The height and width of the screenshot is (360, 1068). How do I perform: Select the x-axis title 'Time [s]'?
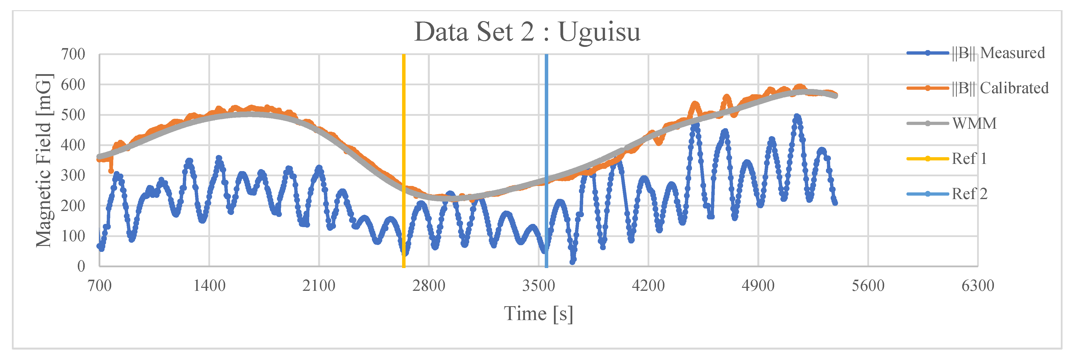coord(538,314)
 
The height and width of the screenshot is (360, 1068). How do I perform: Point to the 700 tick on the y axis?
coord(73,54)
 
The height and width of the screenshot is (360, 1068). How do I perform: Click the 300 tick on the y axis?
coord(73,176)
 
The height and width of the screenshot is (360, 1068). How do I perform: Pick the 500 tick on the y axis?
coord(73,115)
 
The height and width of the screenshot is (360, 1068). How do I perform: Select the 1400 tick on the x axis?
coord(209,286)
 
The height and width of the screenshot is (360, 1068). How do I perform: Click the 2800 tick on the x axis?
coord(429,286)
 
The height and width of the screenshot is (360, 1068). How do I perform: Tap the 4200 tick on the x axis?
coord(648,286)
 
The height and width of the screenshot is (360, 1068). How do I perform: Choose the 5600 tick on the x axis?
coord(868,286)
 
